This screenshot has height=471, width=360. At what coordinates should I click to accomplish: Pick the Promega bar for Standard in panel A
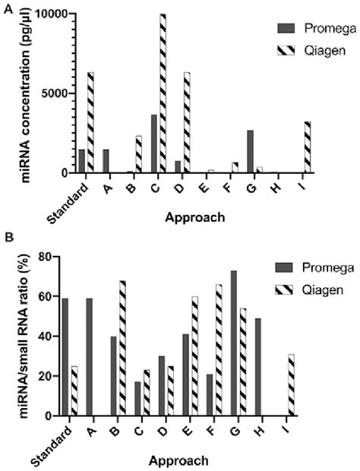click(81, 161)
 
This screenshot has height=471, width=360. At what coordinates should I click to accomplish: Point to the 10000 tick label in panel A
click(47, 14)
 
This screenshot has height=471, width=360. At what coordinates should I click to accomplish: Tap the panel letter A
click(6, 5)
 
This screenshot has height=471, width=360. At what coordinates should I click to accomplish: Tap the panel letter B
click(6, 236)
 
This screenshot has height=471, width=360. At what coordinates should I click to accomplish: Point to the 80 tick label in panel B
click(52, 257)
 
